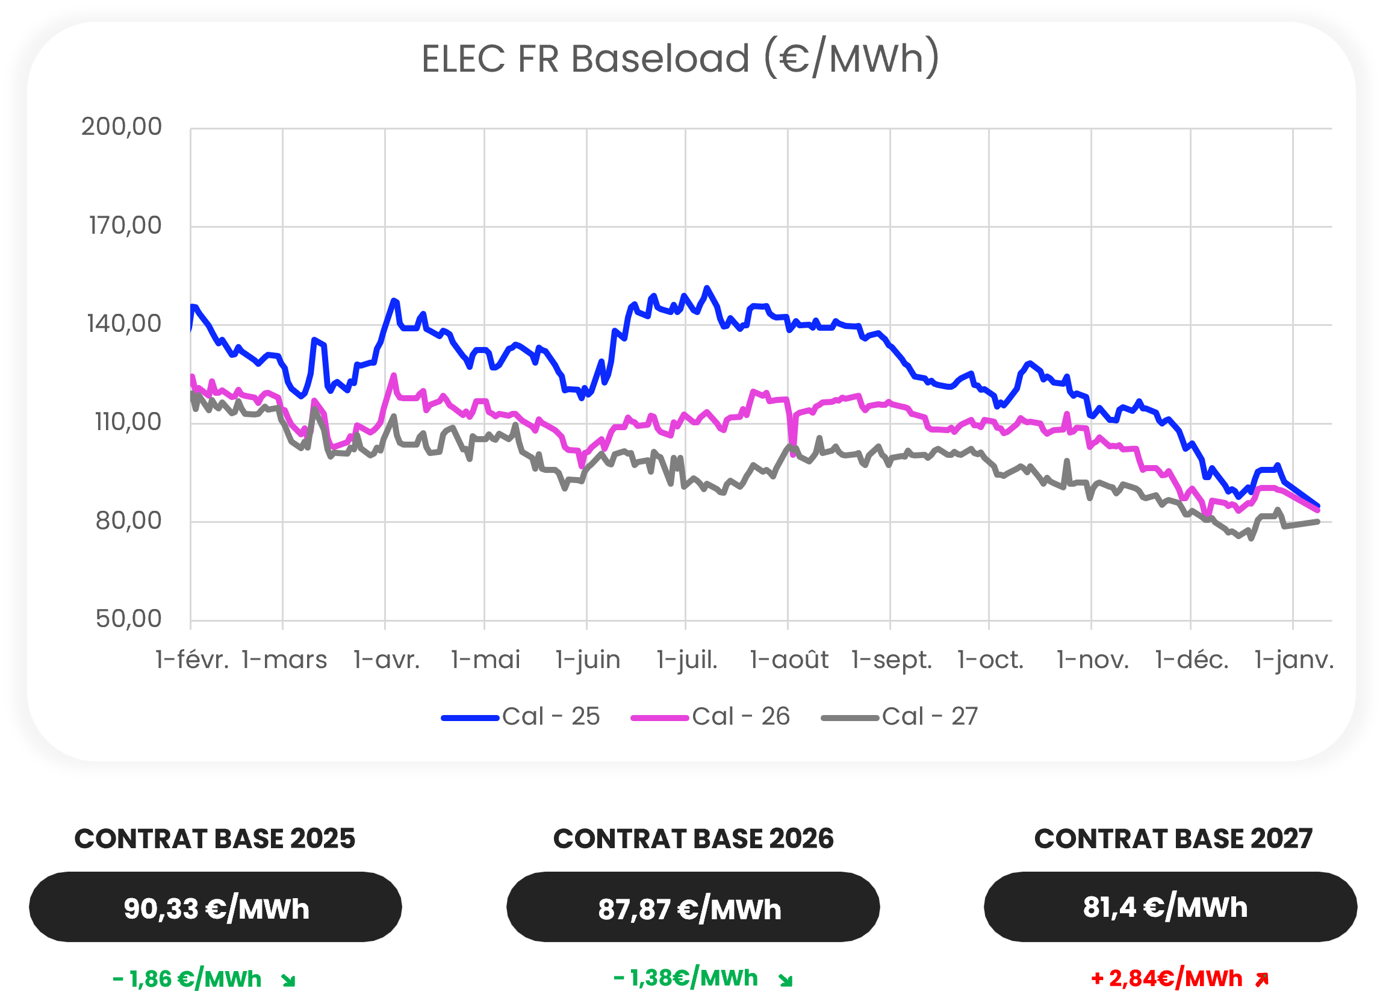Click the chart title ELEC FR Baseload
680,59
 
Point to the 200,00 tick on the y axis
122,127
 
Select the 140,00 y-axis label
124,324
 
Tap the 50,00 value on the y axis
128,619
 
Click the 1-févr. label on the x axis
191,660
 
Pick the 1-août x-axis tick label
789,660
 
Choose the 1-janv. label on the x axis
1293,660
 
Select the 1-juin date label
587,660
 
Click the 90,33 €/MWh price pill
216,907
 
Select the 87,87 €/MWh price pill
693,907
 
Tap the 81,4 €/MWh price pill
1170,907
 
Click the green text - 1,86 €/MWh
187,979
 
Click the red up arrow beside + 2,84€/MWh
1262,979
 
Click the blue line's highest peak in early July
707,287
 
